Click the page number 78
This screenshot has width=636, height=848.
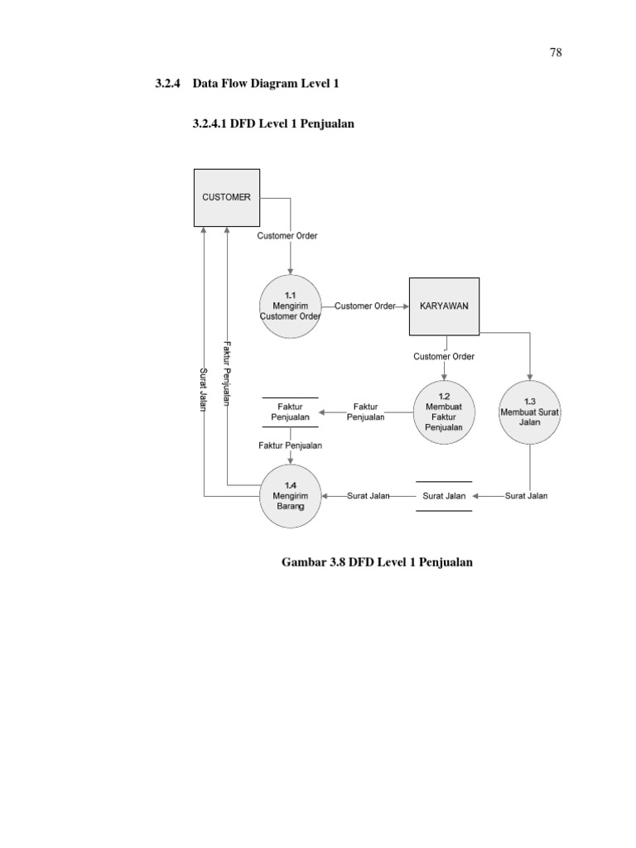[556, 52]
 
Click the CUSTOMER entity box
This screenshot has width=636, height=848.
[227, 198]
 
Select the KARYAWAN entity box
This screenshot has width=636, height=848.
[444, 306]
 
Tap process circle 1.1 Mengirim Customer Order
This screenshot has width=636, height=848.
[290, 306]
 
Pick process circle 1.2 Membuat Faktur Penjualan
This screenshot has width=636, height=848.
[444, 412]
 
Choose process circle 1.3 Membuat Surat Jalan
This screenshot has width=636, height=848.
[530, 412]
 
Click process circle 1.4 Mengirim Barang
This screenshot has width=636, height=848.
[290, 496]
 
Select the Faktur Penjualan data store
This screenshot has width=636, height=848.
[290, 412]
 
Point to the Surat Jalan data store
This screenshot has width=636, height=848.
[444, 496]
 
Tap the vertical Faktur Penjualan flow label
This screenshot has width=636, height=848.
[225, 374]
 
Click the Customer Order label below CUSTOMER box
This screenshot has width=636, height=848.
[287, 236]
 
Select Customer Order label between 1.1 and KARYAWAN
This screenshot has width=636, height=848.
[365, 306]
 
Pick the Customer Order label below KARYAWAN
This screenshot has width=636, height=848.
[444, 357]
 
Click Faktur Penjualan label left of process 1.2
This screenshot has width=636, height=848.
[365, 412]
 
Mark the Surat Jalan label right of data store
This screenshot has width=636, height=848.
[526, 496]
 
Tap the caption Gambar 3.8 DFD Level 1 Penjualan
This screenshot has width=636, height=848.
[377, 562]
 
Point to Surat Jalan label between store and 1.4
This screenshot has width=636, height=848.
[368, 496]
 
